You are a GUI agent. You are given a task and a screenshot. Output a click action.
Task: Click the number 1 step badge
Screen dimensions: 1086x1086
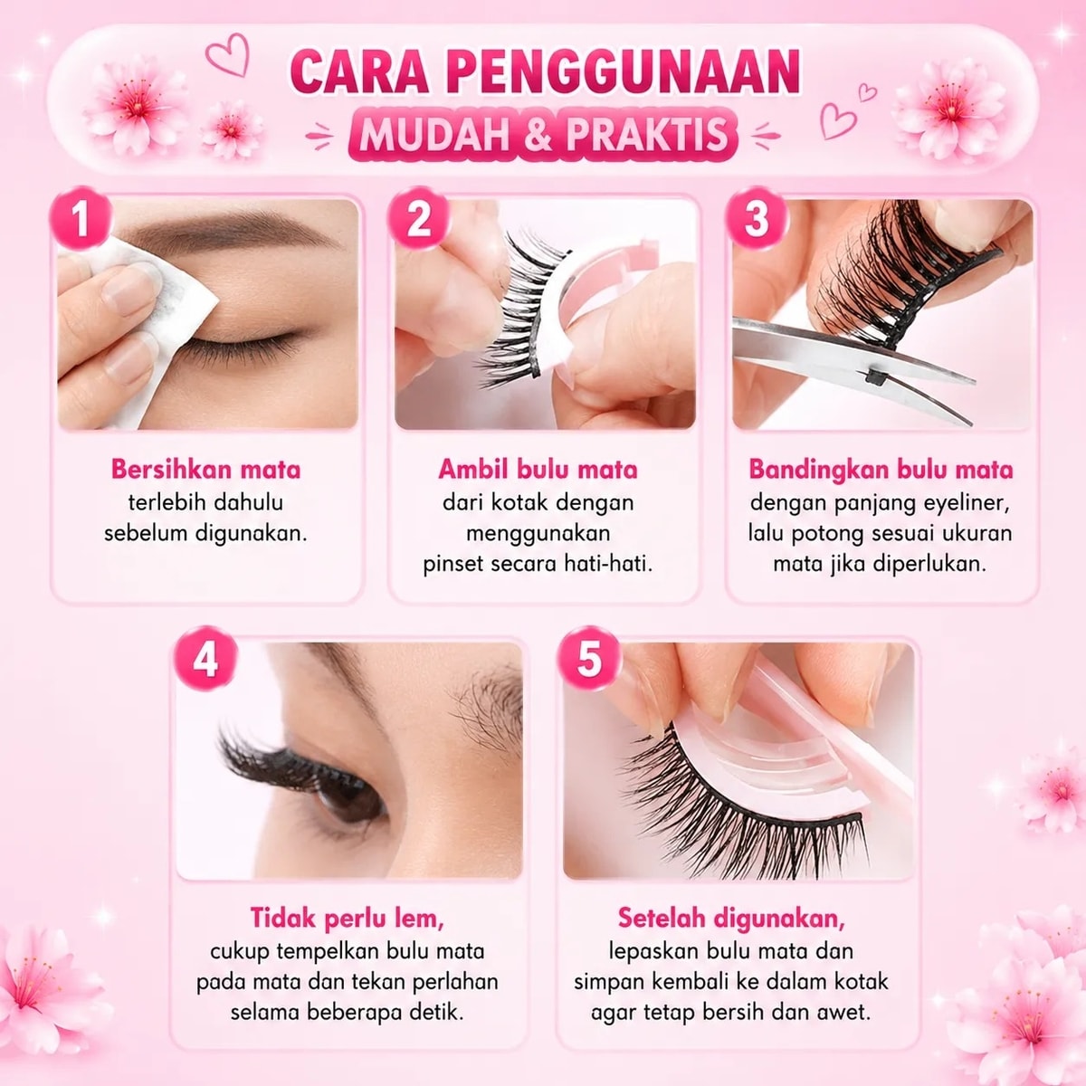(x=81, y=218)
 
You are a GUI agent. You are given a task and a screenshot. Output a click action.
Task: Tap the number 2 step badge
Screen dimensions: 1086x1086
(x=418, y=218)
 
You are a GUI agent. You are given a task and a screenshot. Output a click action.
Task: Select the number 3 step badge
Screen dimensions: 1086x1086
(x=756, y=218)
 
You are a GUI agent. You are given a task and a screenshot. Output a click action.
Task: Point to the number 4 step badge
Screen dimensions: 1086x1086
(x=205, y=658)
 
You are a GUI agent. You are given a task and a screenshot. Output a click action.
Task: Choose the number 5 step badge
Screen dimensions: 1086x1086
(x=589, y=658)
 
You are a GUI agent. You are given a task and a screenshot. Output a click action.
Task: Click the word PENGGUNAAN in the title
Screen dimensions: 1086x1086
(x=625, y=72)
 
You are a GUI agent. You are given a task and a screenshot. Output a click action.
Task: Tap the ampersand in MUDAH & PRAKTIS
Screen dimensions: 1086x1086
(x=542, y=134)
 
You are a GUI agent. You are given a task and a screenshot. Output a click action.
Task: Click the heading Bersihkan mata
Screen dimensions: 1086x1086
(x=205, y=469)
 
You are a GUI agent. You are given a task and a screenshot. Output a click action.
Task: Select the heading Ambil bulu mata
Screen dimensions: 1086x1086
(x=538, y=469)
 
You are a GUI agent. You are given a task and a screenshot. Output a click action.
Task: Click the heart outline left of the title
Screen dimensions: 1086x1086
(x=228, y=54)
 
